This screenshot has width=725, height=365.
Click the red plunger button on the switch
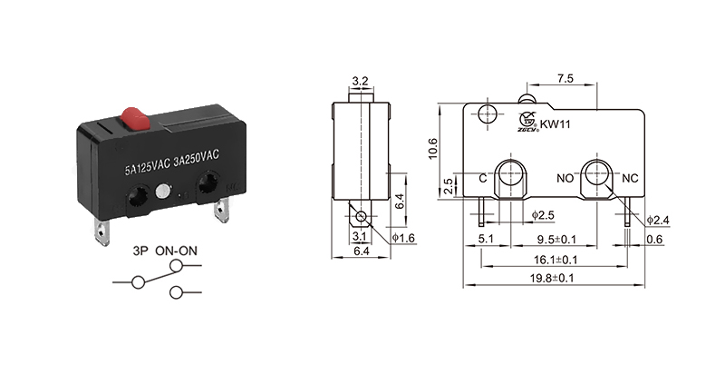pyautogui.click(x=133, y=118)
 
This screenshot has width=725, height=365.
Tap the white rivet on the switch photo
pyautogui.click(x=162, y=192)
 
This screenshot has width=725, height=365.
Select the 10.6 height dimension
pyautogui.click(x=432, y=147)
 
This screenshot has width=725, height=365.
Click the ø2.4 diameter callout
pyautogui.click(x=660, y=220)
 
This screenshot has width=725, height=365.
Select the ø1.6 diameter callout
pyautogui.click(x=404, y=239)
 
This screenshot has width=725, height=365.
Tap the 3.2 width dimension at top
pyautogui.click(x=360, y=81)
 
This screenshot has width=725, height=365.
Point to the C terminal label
pyautogui.click(x=483, y=178)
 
